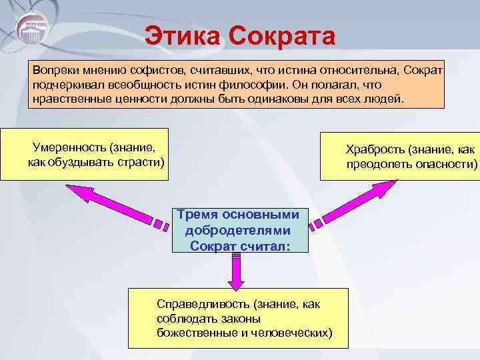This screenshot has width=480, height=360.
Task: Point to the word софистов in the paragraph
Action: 157,71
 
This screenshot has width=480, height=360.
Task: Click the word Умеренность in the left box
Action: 69,147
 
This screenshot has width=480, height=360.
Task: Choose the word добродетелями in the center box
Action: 239,230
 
